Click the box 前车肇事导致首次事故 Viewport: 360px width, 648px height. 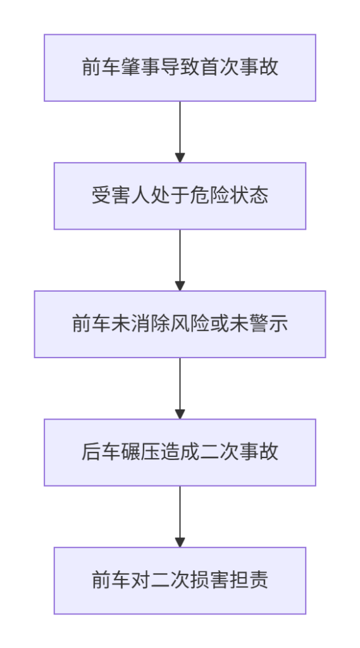point(180,68)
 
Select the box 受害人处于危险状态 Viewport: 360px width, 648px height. point(180,196)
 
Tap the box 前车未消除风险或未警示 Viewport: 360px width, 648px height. point(180,324)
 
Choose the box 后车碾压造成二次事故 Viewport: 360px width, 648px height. point(180,452)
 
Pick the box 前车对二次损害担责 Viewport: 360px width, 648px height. point(180,580)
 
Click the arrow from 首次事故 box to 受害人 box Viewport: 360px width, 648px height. point(180,132)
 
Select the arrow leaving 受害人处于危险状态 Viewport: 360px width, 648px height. point(180,260)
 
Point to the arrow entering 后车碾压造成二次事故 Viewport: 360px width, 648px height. point(180,388)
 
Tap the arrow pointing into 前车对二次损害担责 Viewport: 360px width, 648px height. point(180,516)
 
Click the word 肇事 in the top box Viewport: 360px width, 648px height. point(140,68)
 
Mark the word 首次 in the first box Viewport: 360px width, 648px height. point(220,68)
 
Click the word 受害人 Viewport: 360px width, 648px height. point(121,196)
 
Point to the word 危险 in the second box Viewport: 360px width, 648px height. point(209,196)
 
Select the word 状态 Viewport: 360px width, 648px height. point(249,196)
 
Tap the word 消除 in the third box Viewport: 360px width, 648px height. point(151,324)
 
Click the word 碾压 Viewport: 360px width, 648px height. point(140,452)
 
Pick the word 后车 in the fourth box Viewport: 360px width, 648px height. point(101,452)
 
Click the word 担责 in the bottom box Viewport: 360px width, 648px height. point(249,580)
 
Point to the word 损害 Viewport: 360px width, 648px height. point(209,580)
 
